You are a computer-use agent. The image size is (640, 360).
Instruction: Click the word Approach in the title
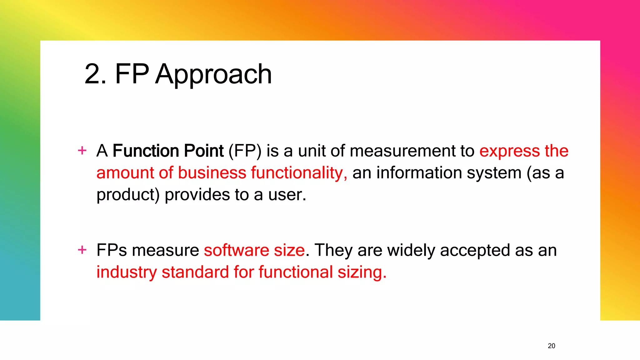coord(213,74)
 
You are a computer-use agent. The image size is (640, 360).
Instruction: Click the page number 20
coord(552,346)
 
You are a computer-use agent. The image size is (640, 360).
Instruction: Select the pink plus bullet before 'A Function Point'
coord(82,151)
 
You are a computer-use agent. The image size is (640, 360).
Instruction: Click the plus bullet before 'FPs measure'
coord(82,250)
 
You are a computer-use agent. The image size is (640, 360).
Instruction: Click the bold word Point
coord(204,151)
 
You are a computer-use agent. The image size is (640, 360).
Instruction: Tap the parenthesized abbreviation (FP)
coord(245,151)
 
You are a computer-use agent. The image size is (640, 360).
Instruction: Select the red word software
coord(237,250)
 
